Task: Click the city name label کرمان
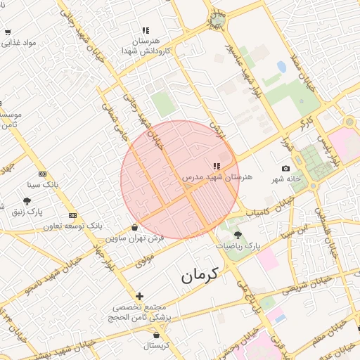pyautogui.click(x=200, y=276)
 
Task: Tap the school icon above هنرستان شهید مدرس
pyautogui.click(x=215, y=166)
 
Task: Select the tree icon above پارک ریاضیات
pyautogui.click(x=237, y=235)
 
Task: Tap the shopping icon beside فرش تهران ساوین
pyautogui.click(x=134, y=227)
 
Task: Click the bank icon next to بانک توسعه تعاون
pyautogui.click(x=73, y=215)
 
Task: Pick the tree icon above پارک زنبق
pyautogui.click(x=27, y=201)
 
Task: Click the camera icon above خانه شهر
pyautogui.click(x=285, y=168)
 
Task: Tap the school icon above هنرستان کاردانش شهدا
pyautogui.click(x=146, y=31)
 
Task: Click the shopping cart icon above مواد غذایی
pyautogui.click(x=7, y=32)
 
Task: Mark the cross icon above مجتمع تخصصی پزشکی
pyautogui.click(x=139, y=296)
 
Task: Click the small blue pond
pyautogui.click(x=281, y=67)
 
